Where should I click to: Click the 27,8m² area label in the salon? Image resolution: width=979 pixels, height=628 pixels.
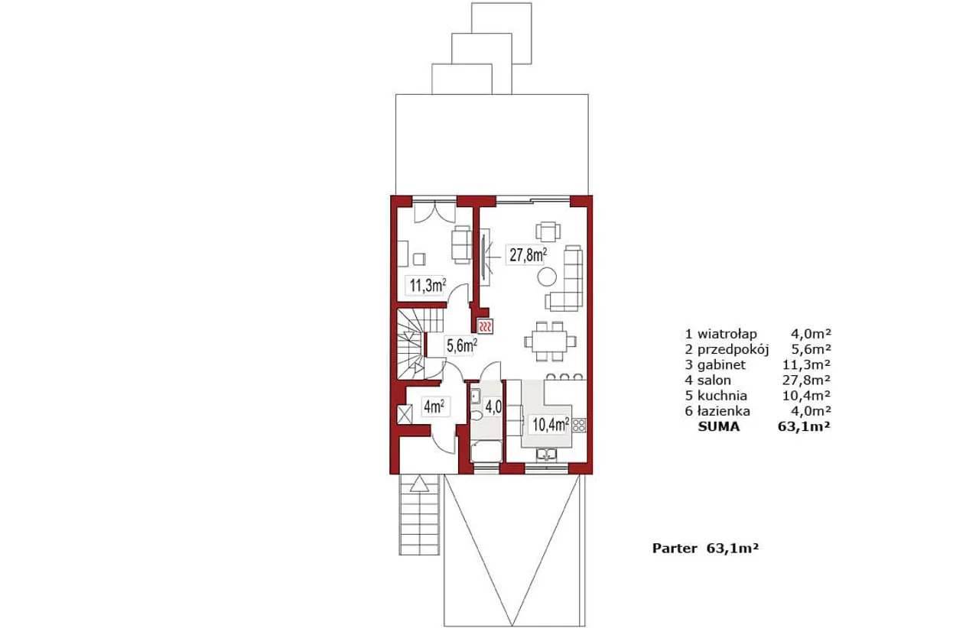528,255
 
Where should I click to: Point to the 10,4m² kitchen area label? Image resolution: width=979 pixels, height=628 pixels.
550,424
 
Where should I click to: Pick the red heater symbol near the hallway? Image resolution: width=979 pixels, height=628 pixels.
486,325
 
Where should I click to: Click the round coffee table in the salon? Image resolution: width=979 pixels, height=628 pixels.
547,277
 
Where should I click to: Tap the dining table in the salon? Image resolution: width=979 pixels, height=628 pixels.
549,341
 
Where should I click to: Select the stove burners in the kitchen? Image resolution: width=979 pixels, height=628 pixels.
579,425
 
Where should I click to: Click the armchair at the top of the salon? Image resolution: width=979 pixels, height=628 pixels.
548,231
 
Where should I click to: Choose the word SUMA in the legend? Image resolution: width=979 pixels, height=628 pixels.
718,426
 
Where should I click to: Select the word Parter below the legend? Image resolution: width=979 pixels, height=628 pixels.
675,549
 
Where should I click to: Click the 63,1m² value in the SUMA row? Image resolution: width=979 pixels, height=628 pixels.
804,426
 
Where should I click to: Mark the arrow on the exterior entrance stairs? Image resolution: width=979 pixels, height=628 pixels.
420,484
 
